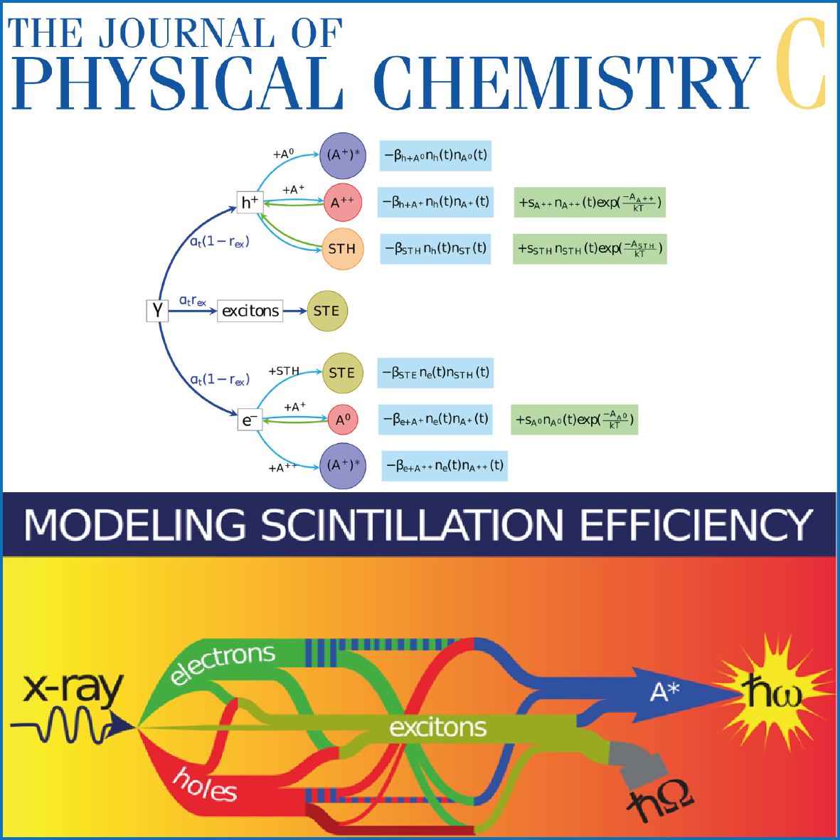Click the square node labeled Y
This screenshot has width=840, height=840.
[157, 311]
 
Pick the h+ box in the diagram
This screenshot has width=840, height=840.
[250, 203]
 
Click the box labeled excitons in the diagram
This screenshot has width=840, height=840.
[250, 311]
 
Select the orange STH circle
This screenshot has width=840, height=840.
[342, 249]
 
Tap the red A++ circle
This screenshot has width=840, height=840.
[342, 203]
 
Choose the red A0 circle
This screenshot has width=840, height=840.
[343, 420]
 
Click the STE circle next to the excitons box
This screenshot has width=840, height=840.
[326, 311]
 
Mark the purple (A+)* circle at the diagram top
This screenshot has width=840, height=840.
[343, 155]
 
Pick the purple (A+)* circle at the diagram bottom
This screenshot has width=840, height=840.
[343, 466]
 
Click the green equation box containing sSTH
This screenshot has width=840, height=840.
[590, 249]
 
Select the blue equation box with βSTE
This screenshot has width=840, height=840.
[435, 373]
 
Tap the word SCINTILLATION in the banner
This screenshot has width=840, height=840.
[413, 526]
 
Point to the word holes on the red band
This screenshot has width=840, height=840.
[205, 784]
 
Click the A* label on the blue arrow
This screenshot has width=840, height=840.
[666, 691]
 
